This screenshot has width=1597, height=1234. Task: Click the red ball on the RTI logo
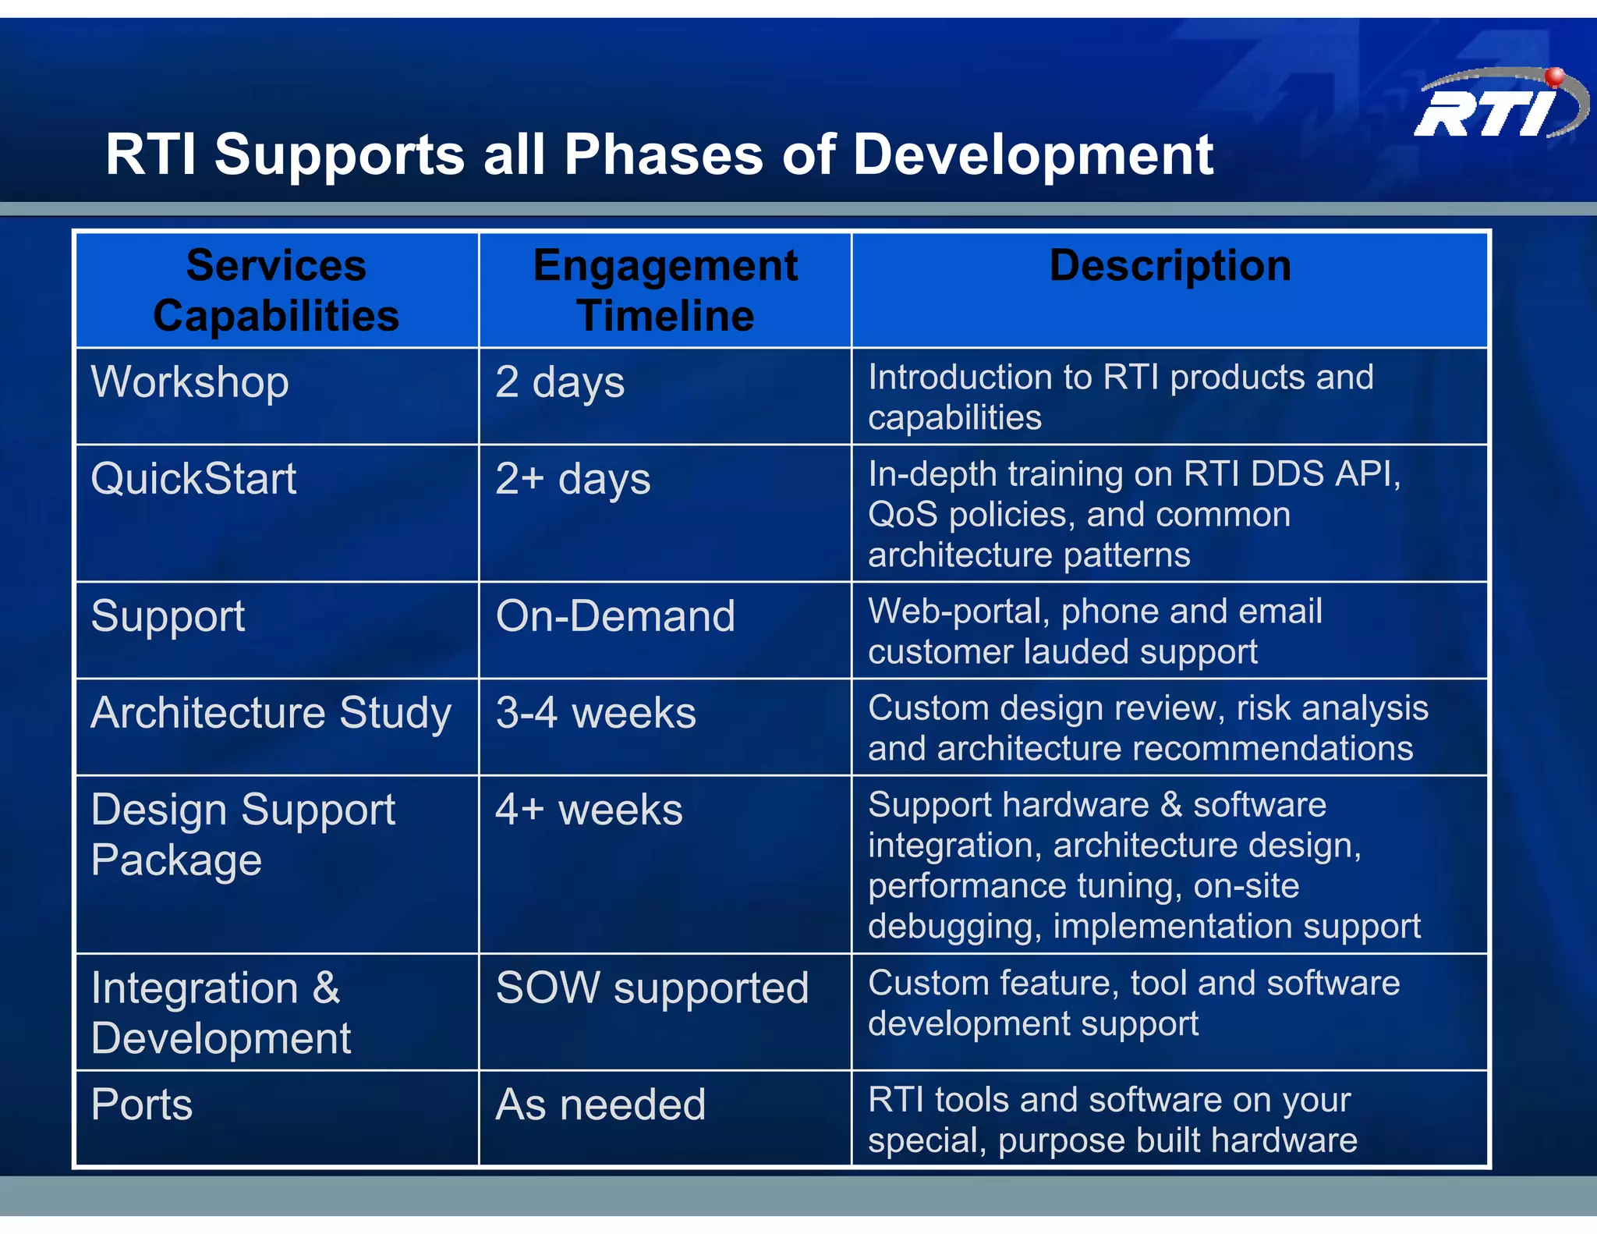(x=1554, y=76)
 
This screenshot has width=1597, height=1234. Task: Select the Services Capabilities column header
(x=276, y=290)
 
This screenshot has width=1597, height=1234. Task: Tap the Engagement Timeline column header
(x=665, y=290)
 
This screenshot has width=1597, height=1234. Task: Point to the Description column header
(x=1170, y=265)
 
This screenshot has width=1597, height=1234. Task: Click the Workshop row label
(x=190, y=382)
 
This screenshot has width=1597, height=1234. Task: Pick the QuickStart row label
(x=193, y=478)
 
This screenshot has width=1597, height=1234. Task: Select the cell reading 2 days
(x=560, y=382)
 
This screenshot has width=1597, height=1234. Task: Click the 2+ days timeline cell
(x=573, y=478)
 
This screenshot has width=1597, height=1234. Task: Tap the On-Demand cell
(x=615, y=616)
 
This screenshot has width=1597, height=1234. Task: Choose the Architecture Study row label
(x=271, y=713)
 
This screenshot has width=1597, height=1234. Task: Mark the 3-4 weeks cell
(x=596, y=713)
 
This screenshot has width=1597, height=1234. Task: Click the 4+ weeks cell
(x=589, y=810)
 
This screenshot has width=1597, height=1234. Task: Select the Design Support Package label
(x=243, y=835)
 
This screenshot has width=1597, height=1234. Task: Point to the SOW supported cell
(x=652, y=988)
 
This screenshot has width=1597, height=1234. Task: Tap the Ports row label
(x=141, y=1105)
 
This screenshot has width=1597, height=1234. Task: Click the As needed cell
(x=600, y=1105)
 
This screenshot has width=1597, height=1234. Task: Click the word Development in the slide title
(x=1032, y=154)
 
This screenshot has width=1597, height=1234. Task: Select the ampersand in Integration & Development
(x=326, y=988)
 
